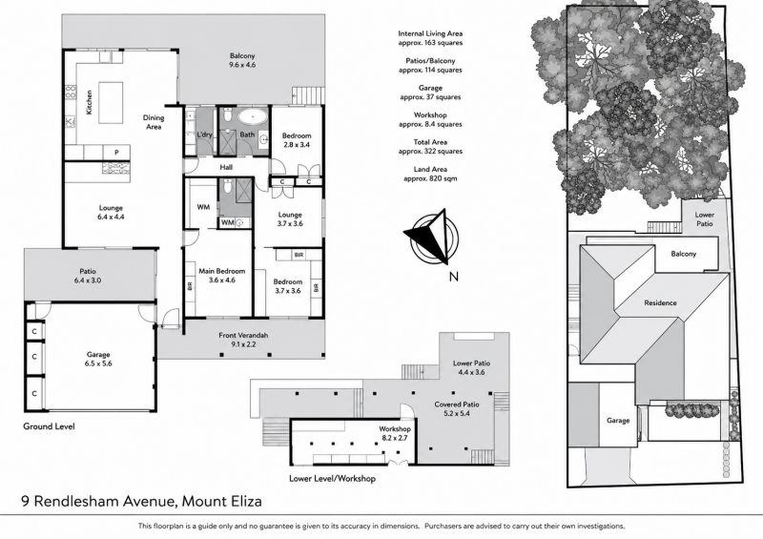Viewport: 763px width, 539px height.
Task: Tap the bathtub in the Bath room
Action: pos(252,117)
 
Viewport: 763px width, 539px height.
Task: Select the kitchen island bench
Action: pos(111,103)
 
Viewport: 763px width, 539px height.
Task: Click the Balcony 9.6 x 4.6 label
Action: pos(242,60)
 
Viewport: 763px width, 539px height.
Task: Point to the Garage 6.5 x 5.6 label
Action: pos(98,359)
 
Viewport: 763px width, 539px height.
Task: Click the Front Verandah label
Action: pos(243,335)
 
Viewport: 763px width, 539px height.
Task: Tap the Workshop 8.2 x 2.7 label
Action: pos(395,433)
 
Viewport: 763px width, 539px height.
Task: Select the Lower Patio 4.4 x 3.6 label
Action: pos(471,367)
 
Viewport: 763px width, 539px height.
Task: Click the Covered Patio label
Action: pos(457,404)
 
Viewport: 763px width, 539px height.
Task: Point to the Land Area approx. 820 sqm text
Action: pos(430,174)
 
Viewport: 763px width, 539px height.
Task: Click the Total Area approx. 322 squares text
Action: pos(430,147)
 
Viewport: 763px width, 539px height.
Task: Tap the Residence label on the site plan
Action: pos(660,302)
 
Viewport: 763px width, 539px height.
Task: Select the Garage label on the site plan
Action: pos(618,420)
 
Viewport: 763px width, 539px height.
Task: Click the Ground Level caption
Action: pos(50,426)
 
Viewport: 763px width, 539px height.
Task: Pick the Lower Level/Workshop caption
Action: pos(332,479)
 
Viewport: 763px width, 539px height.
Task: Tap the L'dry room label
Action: pos(204,135)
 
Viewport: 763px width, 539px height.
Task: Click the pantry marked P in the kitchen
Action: pos(116,153)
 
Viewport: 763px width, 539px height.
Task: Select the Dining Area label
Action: pos(154,122)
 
